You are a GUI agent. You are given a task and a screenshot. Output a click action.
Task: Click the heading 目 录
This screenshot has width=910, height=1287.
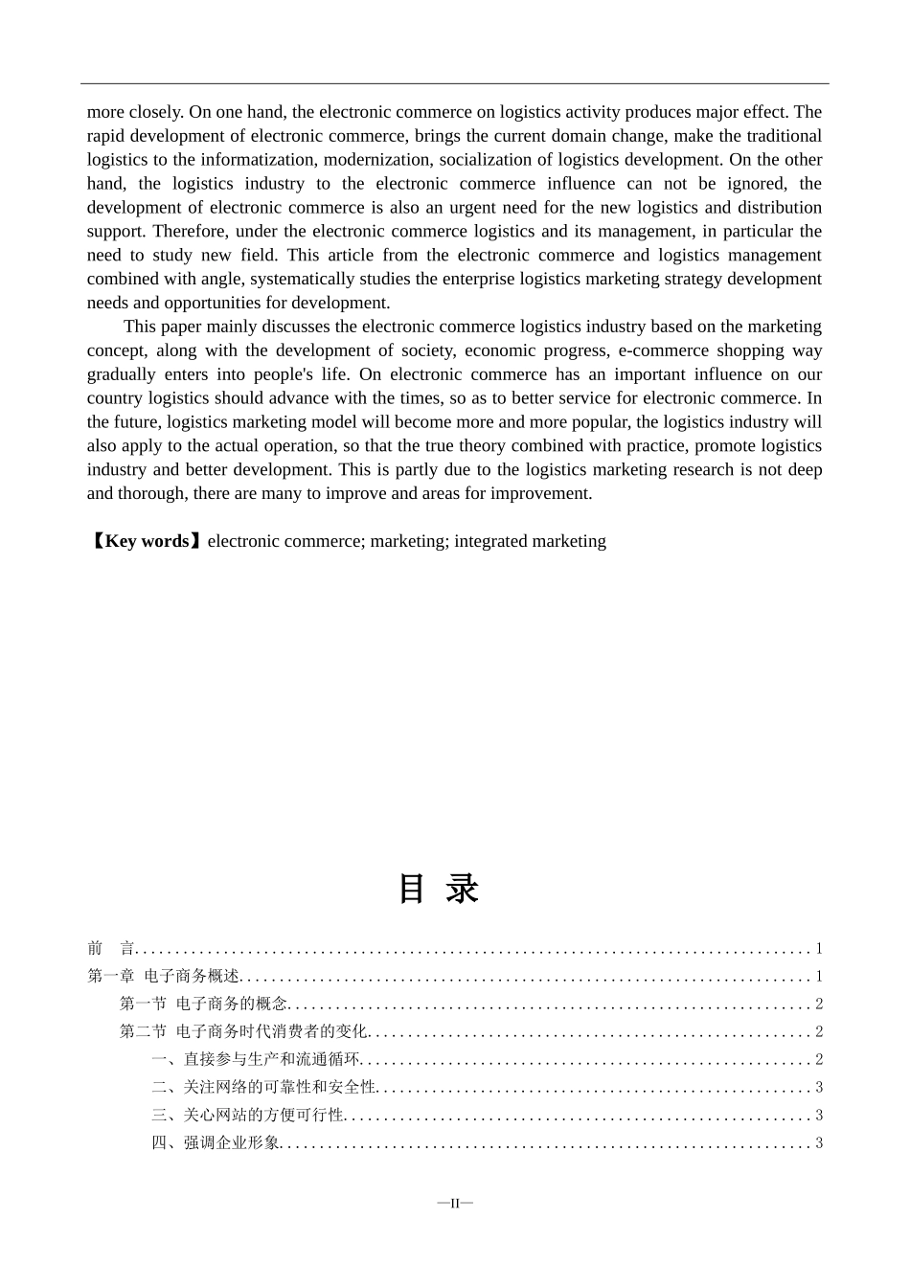439,889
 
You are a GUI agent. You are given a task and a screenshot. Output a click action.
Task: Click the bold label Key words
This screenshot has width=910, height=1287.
147,541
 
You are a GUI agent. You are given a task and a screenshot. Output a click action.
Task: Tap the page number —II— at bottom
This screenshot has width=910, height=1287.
455,1203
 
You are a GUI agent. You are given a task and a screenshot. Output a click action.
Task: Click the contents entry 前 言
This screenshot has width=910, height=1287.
110,949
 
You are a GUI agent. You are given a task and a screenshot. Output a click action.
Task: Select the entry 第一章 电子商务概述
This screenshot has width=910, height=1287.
163,977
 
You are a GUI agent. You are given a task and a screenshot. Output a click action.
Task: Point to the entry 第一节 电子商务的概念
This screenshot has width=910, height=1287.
203,1005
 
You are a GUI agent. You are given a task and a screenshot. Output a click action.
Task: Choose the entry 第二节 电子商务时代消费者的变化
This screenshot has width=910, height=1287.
243,1032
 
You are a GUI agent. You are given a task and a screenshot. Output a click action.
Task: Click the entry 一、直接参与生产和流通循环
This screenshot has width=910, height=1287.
256,1060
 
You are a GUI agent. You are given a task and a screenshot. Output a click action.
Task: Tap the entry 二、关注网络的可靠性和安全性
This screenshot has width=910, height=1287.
263,1088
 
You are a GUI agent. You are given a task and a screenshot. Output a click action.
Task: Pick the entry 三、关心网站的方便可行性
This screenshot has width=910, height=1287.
247,1116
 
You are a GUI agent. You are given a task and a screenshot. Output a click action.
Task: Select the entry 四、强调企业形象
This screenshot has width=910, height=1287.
216,1143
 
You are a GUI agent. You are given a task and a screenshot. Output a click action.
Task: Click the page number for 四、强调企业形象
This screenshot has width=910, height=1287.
819,1143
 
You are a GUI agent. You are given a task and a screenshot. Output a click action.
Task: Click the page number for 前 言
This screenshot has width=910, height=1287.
819,949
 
